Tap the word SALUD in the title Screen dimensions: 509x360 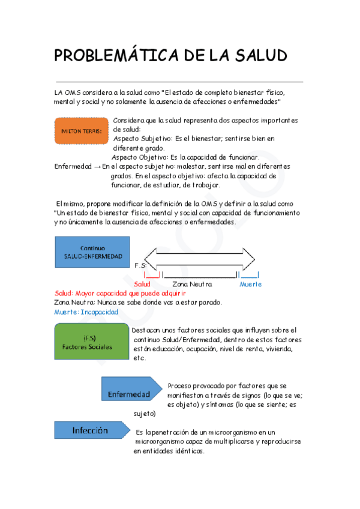[x=256, y=55]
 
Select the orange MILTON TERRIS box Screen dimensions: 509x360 [x=81, y=130]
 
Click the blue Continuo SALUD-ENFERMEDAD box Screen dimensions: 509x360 [x=92, y=252]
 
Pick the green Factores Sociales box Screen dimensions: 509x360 [x=91, y=343]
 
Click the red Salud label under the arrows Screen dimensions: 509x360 [x=143, y=284]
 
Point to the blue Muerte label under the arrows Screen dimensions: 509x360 [x=250, y=284]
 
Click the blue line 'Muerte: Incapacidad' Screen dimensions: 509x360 [x=86, y=312]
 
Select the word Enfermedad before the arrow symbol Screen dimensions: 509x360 [x=73, y=166]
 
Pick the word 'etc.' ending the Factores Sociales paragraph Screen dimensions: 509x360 [x=139, y=358]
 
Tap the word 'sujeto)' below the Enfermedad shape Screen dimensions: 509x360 [x=145, y=414]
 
